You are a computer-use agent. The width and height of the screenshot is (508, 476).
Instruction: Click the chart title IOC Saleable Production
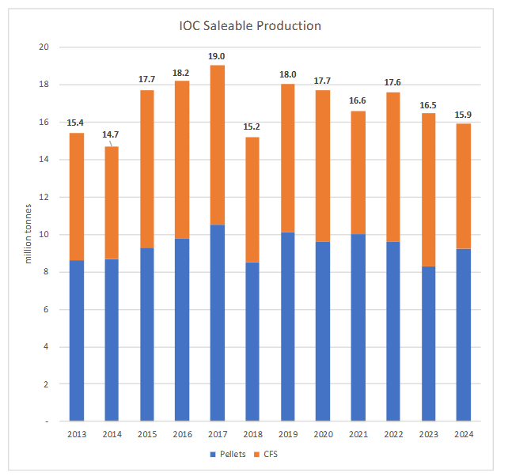250,25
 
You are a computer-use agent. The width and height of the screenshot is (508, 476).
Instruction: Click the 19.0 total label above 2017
217,56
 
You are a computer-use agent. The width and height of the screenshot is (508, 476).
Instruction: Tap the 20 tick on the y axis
44,47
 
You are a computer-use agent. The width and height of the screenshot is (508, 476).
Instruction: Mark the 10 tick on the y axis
44,235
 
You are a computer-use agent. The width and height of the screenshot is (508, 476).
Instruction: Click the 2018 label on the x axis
252,436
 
